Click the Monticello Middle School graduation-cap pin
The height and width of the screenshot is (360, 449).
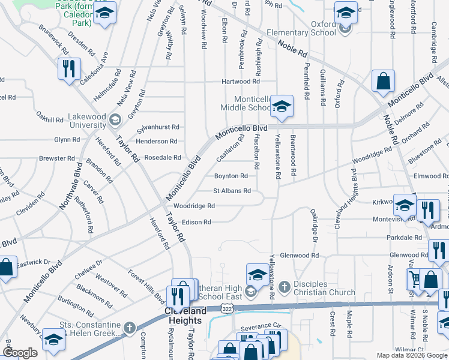[x=281, y=107]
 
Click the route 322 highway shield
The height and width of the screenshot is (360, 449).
[x=226, y=308]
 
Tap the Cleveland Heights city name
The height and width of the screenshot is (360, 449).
[x=185, y=311]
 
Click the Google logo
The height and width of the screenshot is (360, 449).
[x=20, y=352]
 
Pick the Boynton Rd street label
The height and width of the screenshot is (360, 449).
[x=231, y=176]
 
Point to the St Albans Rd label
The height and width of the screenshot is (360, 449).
[x=232, y=191]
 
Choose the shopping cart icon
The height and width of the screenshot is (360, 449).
[x=414, y=278]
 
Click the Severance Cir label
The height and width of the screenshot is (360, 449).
[x=261, y=328]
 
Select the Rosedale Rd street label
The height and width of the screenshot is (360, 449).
[x=162, y=158]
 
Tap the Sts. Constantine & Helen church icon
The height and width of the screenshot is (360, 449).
[x=131, y=328]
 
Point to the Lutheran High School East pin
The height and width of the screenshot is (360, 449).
[x=258, y=275]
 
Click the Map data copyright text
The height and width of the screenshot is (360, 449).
[x=411, y=355]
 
